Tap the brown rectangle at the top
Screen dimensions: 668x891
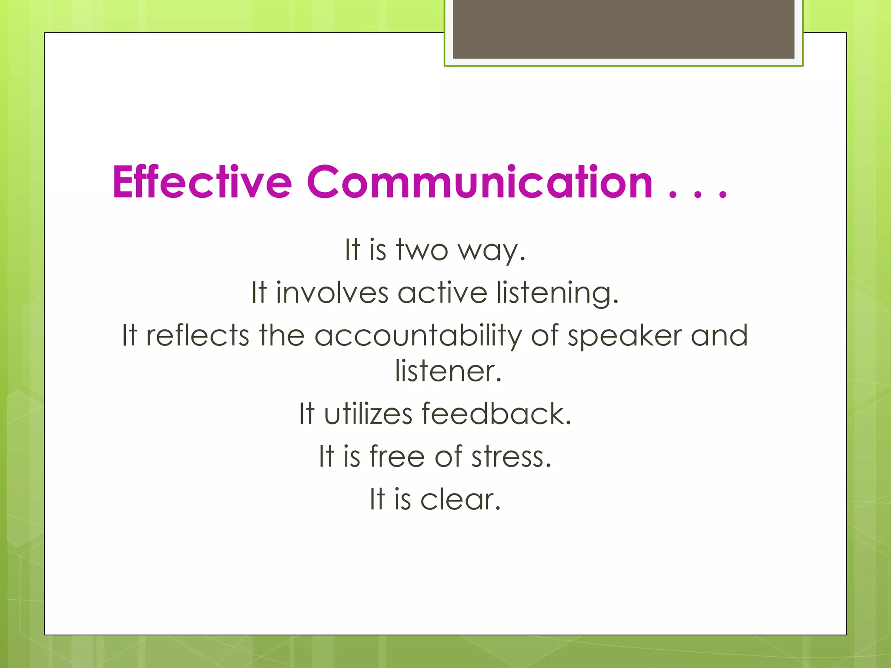pyautogui.click(x=623, y=29)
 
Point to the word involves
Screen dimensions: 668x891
pyautogui.click(x=332, y=293)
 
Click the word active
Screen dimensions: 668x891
pyautogui.click(x=442, y=293)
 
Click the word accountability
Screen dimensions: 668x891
pyautogui.click(x=418, y=337)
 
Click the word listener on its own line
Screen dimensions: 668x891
pyautogui.click(x=448, y=371)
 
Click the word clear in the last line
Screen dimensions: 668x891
pyautogui.click(x=460, y=499)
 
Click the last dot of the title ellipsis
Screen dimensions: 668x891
pyautogui.click(x=723, y=195)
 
